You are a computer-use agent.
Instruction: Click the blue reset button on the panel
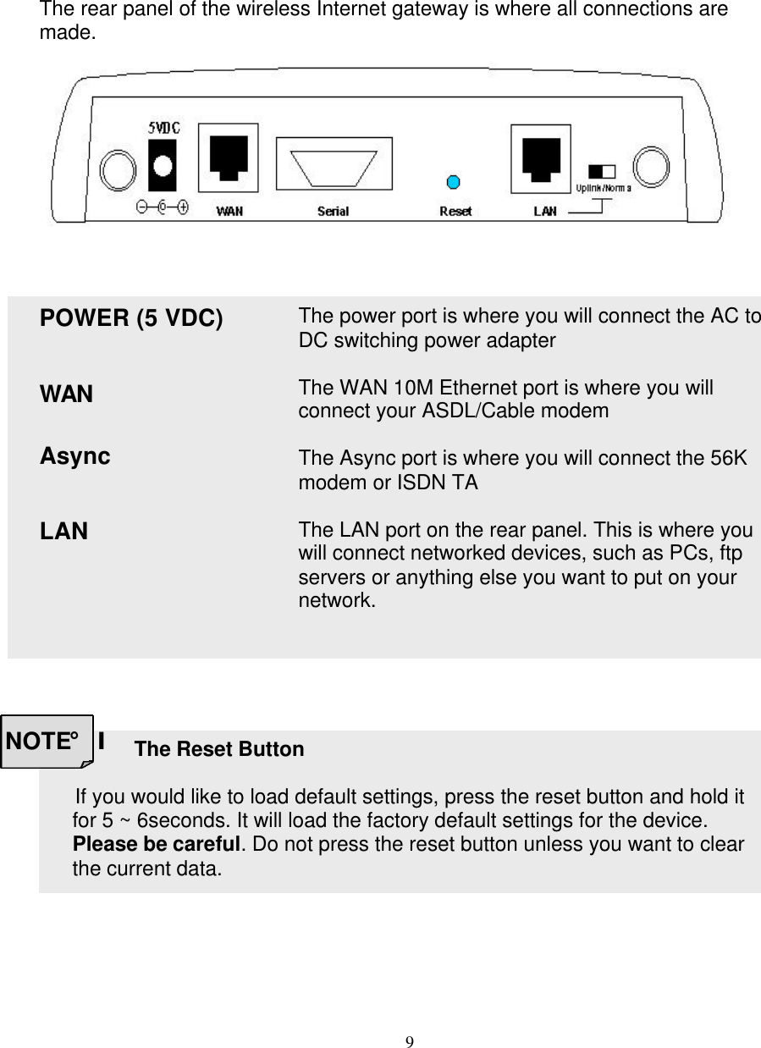(453, 181)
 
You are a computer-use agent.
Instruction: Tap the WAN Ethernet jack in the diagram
(228, 158)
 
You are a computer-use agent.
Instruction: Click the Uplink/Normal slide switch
(602, 169)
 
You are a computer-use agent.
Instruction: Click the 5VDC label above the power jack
(164, 128)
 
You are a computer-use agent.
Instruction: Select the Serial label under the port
(333, 211)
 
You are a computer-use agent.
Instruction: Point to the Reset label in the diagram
(455, 211)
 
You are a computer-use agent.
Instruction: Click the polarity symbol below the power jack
(163, 206)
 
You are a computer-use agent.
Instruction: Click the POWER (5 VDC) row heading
(131, 319)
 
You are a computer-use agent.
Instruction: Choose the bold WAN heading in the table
(67, 394)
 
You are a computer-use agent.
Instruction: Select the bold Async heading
(74, 456)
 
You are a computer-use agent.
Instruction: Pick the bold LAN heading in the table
(63, 532)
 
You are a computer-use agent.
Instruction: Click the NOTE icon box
(47, 742)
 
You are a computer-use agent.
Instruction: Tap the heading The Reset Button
(219, 749)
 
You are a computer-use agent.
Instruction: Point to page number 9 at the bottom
(410, 1040)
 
